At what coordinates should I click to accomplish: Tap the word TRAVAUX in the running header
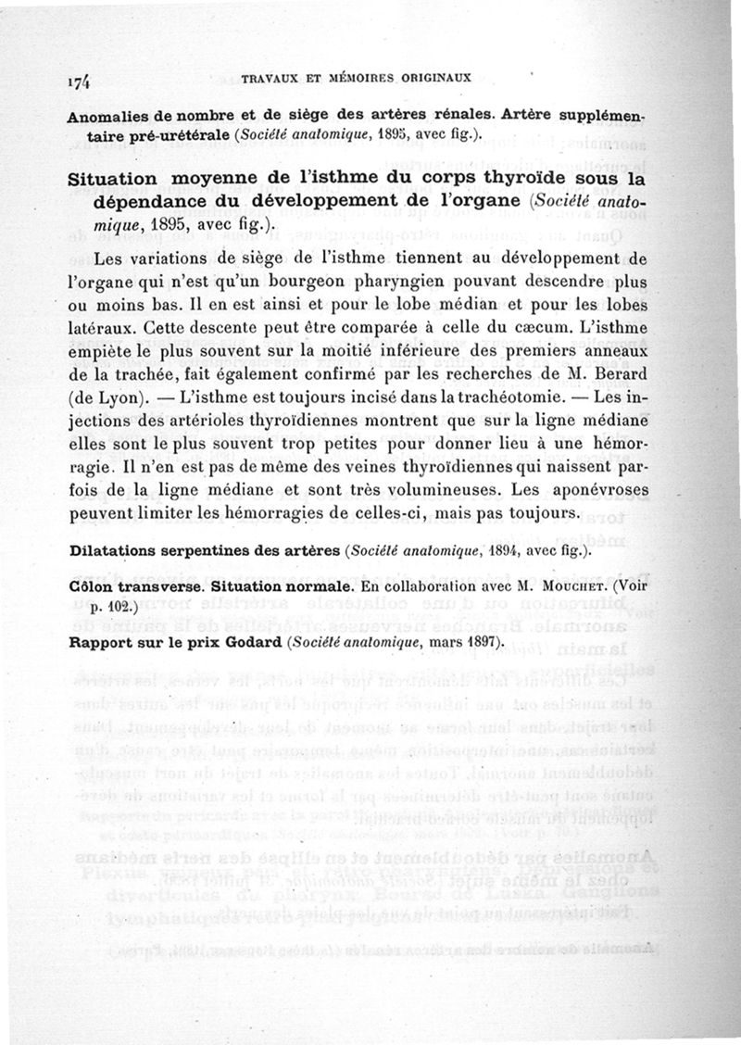pos(270,80)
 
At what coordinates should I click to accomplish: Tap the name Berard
pos(615,374)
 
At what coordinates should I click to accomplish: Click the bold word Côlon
pos(91,587)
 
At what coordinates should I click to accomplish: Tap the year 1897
pos(475,641)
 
